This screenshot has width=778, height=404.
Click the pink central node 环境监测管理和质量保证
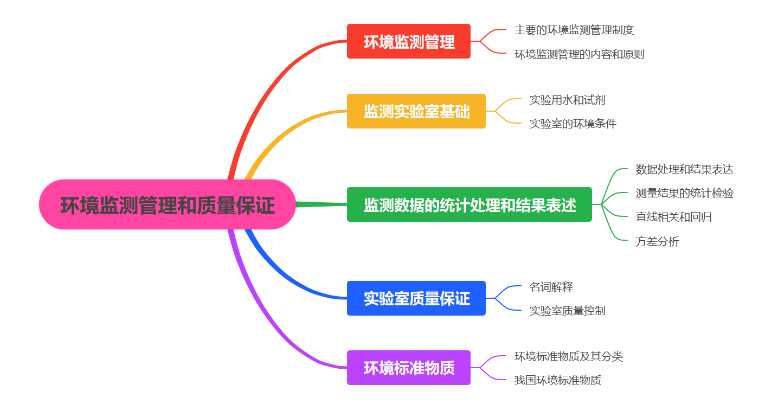pos(168,204)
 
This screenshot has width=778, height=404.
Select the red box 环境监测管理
pos(408,41)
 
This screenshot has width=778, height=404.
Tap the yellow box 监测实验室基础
pos(416,111)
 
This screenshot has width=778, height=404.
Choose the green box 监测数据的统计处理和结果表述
pos(469,204)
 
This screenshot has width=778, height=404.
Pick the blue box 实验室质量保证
pos(416,298)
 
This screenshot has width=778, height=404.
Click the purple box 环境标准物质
pos(408,368)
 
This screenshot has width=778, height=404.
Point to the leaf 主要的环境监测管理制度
pos(574,30)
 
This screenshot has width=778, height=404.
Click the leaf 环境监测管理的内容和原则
pos(579,54)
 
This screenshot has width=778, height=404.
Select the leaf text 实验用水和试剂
pos(567,100)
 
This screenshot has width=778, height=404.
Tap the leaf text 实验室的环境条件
pos(573,124)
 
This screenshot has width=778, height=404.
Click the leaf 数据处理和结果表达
pos(684,169)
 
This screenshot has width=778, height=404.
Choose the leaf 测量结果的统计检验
pos(684,193)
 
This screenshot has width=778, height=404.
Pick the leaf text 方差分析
pos(657,241)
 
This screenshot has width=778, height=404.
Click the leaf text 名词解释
pos(551,287)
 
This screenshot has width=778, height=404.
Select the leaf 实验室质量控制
pos(567,311)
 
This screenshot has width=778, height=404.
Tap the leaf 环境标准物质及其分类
pos(568,356)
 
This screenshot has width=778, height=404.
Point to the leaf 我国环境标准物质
pos(557,380)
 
